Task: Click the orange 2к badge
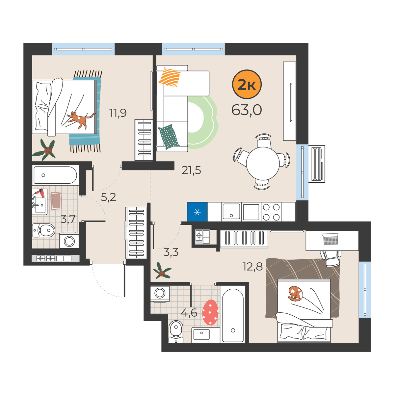pyautogui.click(x=247, y=85)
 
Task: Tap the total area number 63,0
pyautogui.click(x=247, y=110)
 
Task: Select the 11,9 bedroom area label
pyautogui.click(x=118, y=113)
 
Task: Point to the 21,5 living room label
pyautogui.click(x=191, y=170)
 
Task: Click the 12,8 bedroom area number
pyautogui.click(x=252, y=267)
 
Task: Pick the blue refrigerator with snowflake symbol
pyautogui.click(x=197, y=212)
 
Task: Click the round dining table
pyautogui.click(x=263, y=163)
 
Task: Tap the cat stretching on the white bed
pyautogui.click(x=81, y=120)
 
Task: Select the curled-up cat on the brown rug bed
pyautogui.click(x=295, y=294)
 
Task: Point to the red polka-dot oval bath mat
pyautogui.click(x=210, y=312)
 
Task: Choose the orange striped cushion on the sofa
pyautogui.click(x=170, y=77)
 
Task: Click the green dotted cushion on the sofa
pyautogui.click(x=169, y=137)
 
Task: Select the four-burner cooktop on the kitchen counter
pyautogui.click(x=271, y=212)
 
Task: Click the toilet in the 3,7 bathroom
pyautogui.click(x=44, y=230)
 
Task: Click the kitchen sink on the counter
pyautogui.click(x=231, y=212)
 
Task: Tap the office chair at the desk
pyautogui.click(x=330, y=258)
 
